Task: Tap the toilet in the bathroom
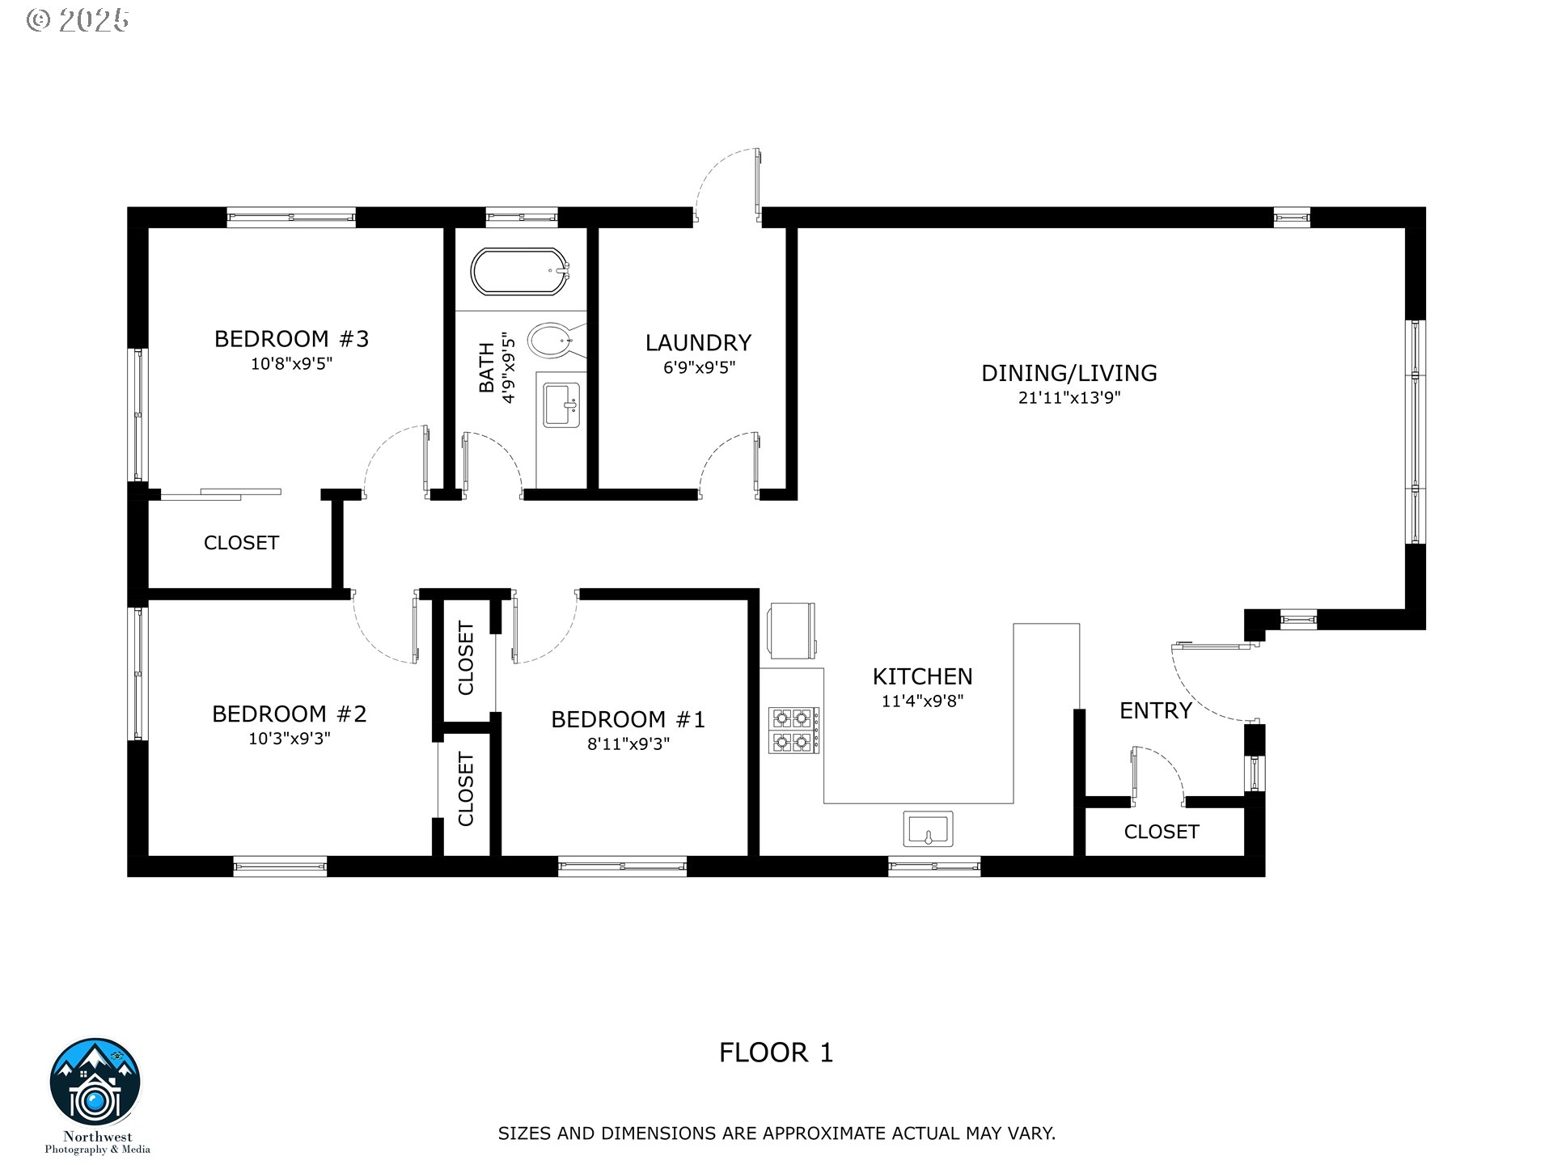coord(554,340)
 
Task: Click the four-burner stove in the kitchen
coord(793,731)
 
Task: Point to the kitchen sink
coord(928,829)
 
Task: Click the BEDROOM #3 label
coord(291,339)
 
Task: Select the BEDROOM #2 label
coord(290,714)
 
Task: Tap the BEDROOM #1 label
coord(628,720)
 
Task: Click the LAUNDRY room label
coord(699,343)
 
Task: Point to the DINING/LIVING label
coord(1069,373)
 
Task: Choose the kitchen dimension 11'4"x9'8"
coord(923,701)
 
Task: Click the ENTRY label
coord(1156,711)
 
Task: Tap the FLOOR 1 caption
coord(776,1053)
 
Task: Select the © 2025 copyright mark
coord(78,20)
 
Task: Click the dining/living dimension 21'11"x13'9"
coord(1069,398)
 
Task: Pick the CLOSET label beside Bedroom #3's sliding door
coord(241,543)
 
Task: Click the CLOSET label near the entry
coord(1162,832)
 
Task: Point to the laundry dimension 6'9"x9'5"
coord(700,368)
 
